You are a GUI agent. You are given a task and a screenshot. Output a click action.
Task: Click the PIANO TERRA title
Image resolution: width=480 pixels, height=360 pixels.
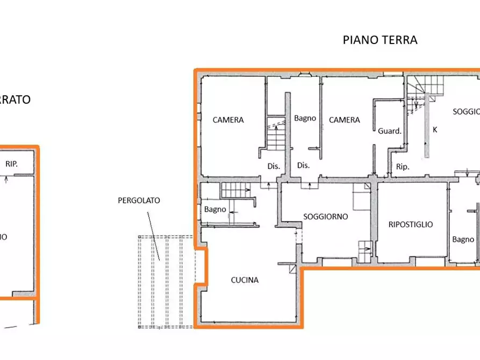pos(380,40)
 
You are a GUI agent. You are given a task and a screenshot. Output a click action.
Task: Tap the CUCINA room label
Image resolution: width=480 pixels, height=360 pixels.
pos(245,280)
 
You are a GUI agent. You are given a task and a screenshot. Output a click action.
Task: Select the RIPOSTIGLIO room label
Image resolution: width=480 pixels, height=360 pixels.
pos(411,225)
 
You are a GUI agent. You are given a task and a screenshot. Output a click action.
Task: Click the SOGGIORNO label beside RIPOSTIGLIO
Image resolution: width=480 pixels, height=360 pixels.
pos(325,217)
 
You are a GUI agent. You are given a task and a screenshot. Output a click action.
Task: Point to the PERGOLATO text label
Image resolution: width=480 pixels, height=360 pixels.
pos(139,200)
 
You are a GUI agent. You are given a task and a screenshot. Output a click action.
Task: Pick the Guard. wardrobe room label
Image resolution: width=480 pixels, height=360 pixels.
pos(390,131)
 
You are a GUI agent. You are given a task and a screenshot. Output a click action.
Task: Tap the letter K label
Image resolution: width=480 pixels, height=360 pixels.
pos(435,129)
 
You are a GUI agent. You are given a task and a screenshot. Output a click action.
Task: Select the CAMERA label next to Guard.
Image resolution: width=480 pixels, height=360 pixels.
pos(345,120)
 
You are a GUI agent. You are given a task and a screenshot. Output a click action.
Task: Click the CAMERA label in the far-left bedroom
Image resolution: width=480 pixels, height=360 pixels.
pos(228,120)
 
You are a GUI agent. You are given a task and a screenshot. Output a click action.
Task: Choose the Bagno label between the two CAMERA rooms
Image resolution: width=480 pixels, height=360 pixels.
pos(305,118)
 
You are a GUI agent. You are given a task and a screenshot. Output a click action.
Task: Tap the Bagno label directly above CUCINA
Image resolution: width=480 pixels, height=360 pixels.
pos(215,210)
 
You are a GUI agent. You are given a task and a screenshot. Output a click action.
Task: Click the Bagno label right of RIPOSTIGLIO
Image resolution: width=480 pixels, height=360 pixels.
pos(463,239)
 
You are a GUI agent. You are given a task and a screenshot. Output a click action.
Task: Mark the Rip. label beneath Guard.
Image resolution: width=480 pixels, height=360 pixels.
pos(403,167)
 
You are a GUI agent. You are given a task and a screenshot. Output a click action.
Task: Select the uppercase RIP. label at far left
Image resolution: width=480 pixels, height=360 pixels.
pos(11,164)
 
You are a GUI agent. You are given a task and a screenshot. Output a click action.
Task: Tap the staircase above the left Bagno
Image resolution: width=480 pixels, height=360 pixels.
pos(235,189)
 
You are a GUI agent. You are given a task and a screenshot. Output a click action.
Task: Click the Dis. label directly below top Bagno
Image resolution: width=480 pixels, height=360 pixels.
pos(303,165)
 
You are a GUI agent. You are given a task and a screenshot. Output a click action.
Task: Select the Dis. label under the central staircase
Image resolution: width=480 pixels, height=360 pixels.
pos(274,166)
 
